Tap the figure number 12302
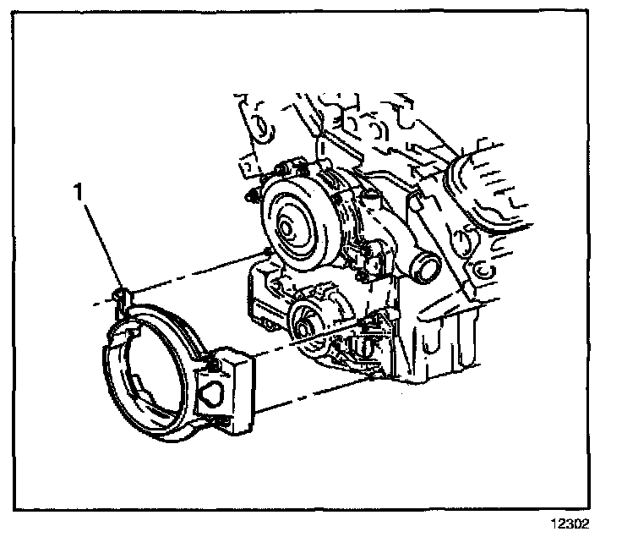(x=568, y=523)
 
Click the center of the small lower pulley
(x=303, y=321)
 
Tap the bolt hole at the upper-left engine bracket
(x=261, y=129)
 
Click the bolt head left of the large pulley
(x=251, y=199)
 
